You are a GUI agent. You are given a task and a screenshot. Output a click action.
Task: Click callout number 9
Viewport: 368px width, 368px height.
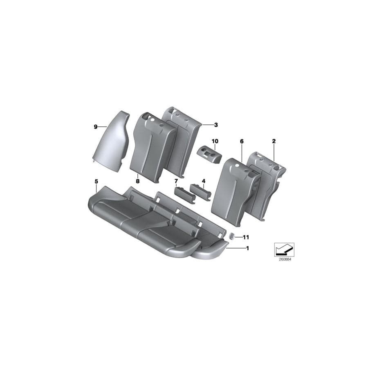95,127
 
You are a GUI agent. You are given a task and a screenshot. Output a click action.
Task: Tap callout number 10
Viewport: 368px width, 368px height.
215,141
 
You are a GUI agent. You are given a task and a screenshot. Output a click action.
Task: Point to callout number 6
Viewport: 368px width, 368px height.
242,141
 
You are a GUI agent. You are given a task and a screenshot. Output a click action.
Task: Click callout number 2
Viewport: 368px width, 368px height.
274,141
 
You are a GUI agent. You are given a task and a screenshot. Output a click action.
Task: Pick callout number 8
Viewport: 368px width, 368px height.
137,181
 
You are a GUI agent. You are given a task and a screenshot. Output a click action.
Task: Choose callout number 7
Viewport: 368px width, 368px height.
176,181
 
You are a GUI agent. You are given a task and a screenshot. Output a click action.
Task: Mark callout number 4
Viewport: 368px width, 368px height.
203,181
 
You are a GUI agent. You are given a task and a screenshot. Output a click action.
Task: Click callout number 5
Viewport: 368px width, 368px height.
96,181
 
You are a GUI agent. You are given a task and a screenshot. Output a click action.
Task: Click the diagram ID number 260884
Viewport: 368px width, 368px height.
283,259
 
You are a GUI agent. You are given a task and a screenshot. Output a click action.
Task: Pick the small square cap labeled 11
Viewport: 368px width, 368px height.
232,236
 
